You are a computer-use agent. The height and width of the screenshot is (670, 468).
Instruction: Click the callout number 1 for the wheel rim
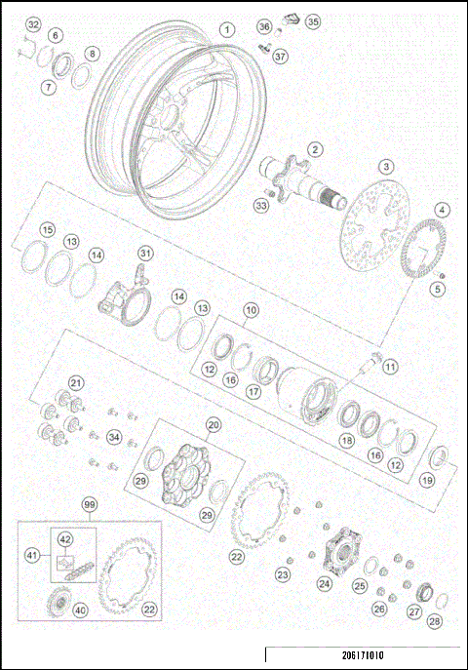(226, 30)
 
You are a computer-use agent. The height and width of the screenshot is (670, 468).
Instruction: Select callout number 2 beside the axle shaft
(315, 149)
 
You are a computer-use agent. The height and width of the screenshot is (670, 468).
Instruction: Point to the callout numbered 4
(442, 210)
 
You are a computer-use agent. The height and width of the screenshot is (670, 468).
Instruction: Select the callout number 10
(251, 310)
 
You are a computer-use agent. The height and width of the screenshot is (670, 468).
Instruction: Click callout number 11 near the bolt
(390, 367)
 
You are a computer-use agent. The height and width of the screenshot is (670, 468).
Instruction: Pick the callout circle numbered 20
(214, 424)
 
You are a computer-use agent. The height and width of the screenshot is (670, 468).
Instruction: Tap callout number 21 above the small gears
(76, 382)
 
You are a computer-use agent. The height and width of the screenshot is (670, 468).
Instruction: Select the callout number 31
(145, 254)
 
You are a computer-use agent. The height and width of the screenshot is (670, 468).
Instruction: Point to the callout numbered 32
(33, 23)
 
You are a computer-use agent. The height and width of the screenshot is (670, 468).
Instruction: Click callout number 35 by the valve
(312, 20)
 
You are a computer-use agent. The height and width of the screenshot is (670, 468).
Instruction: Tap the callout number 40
(80, 611)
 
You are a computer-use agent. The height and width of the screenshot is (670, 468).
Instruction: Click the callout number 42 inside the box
(65, 538)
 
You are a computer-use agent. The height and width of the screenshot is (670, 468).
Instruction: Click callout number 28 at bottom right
(434, 621)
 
